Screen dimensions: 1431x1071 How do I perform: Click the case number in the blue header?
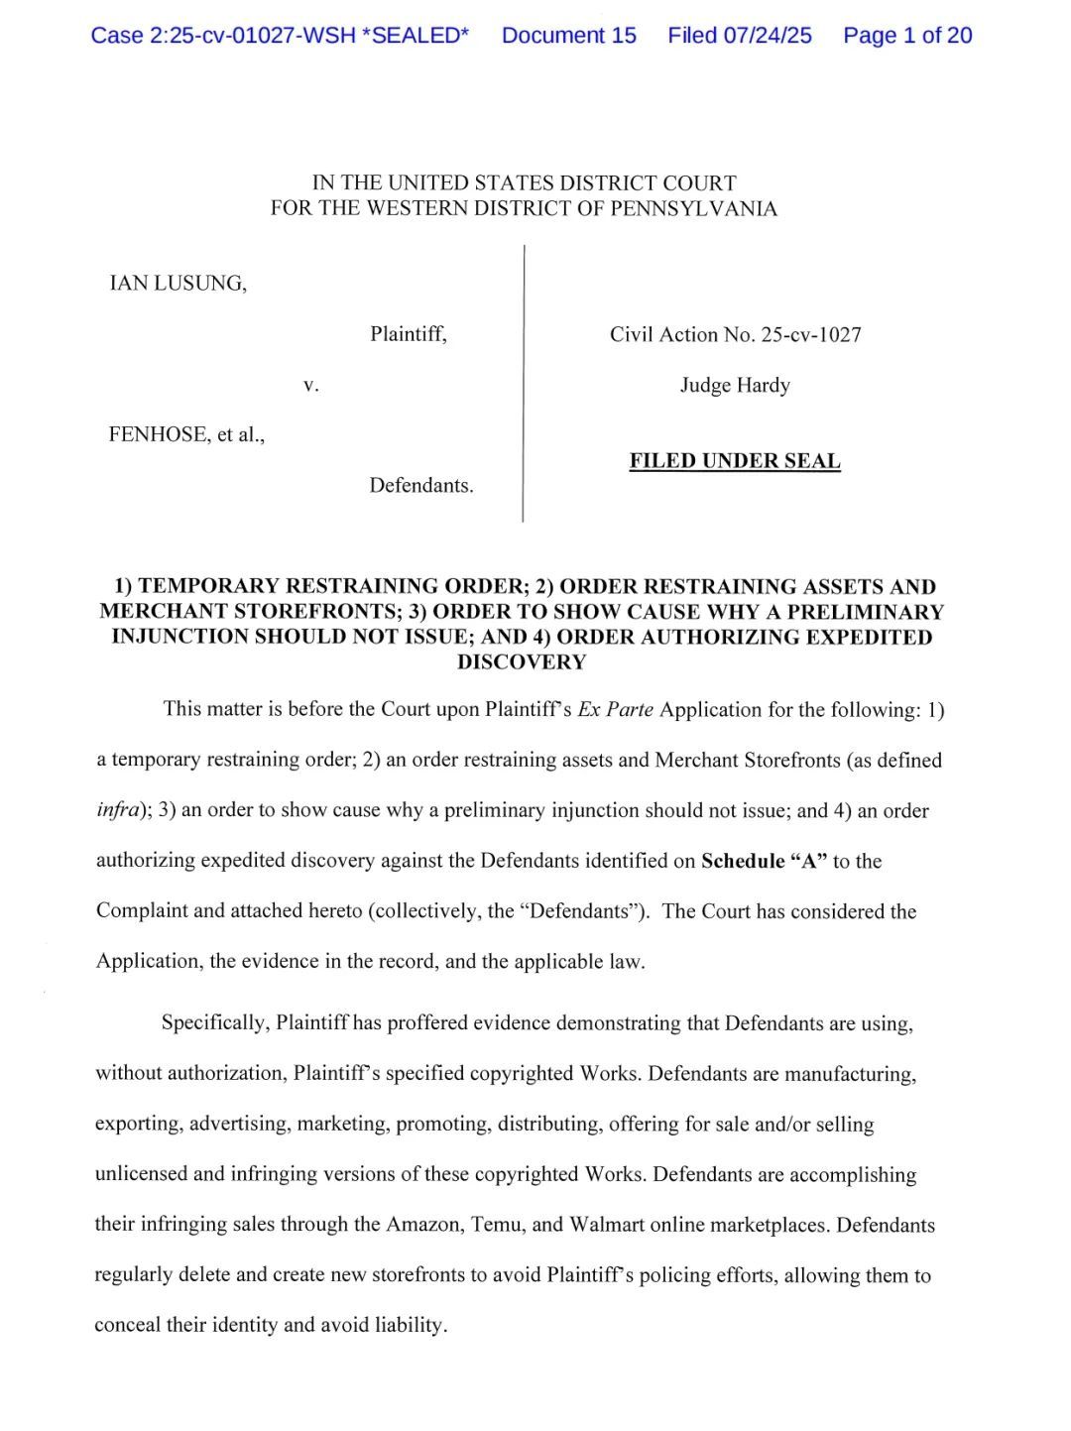pos(280,36)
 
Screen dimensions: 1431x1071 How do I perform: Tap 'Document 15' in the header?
pos(569,36)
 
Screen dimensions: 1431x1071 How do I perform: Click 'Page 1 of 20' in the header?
pos(907,36)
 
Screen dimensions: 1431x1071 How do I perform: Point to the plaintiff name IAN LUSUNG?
pos(178,284)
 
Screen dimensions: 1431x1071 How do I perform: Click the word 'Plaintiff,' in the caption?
pos(409,334)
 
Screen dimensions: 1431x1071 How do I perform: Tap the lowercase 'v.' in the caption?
pos(311,385)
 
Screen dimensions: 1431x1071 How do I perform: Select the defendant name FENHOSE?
pos(158,434)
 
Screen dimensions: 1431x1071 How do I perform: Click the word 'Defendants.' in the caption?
pos(421,486)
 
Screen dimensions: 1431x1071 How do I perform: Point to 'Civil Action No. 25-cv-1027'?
pos(735,334)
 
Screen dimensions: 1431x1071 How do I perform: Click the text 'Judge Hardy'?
pos(735,385)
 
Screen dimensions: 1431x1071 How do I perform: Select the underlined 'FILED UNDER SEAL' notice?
pos(735,461)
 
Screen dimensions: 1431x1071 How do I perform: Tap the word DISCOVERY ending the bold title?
pos(522,662)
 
